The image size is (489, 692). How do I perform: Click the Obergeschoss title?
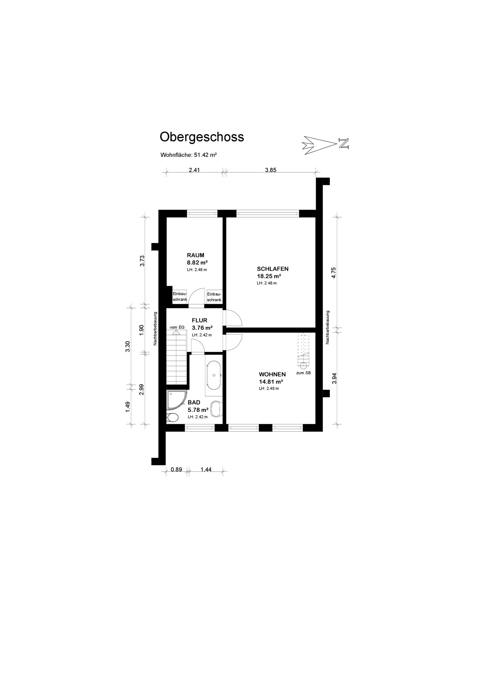201,137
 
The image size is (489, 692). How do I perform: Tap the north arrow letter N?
344,143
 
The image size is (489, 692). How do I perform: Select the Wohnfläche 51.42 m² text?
189,155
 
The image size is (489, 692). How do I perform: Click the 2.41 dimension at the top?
194,170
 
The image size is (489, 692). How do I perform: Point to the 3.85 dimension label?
271,170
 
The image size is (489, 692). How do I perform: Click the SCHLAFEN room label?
272,269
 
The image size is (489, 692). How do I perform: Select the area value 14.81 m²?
271,382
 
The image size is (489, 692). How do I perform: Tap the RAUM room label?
196,255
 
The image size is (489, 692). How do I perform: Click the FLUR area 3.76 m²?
202,328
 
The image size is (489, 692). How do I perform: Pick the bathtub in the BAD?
214,375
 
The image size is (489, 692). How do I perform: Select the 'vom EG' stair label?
177,327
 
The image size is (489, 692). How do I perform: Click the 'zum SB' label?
304,373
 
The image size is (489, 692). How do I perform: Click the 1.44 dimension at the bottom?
206,470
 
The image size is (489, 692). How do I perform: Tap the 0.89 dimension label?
176,470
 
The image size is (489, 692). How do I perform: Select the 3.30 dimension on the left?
128,346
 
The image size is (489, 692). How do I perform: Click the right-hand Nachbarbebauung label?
327,327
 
